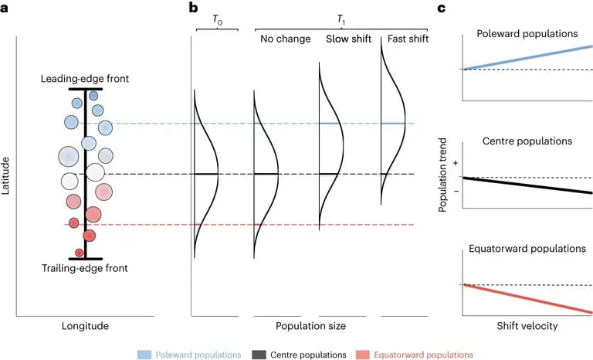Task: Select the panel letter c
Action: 442,8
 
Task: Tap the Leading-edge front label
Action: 85,79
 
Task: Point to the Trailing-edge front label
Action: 85,268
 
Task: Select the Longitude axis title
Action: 85,325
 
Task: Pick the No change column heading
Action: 286,39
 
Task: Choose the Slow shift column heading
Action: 349,39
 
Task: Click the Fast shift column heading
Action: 407,39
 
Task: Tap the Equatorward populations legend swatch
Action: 361,354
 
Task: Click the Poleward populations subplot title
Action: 528,35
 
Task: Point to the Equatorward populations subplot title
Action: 528,249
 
